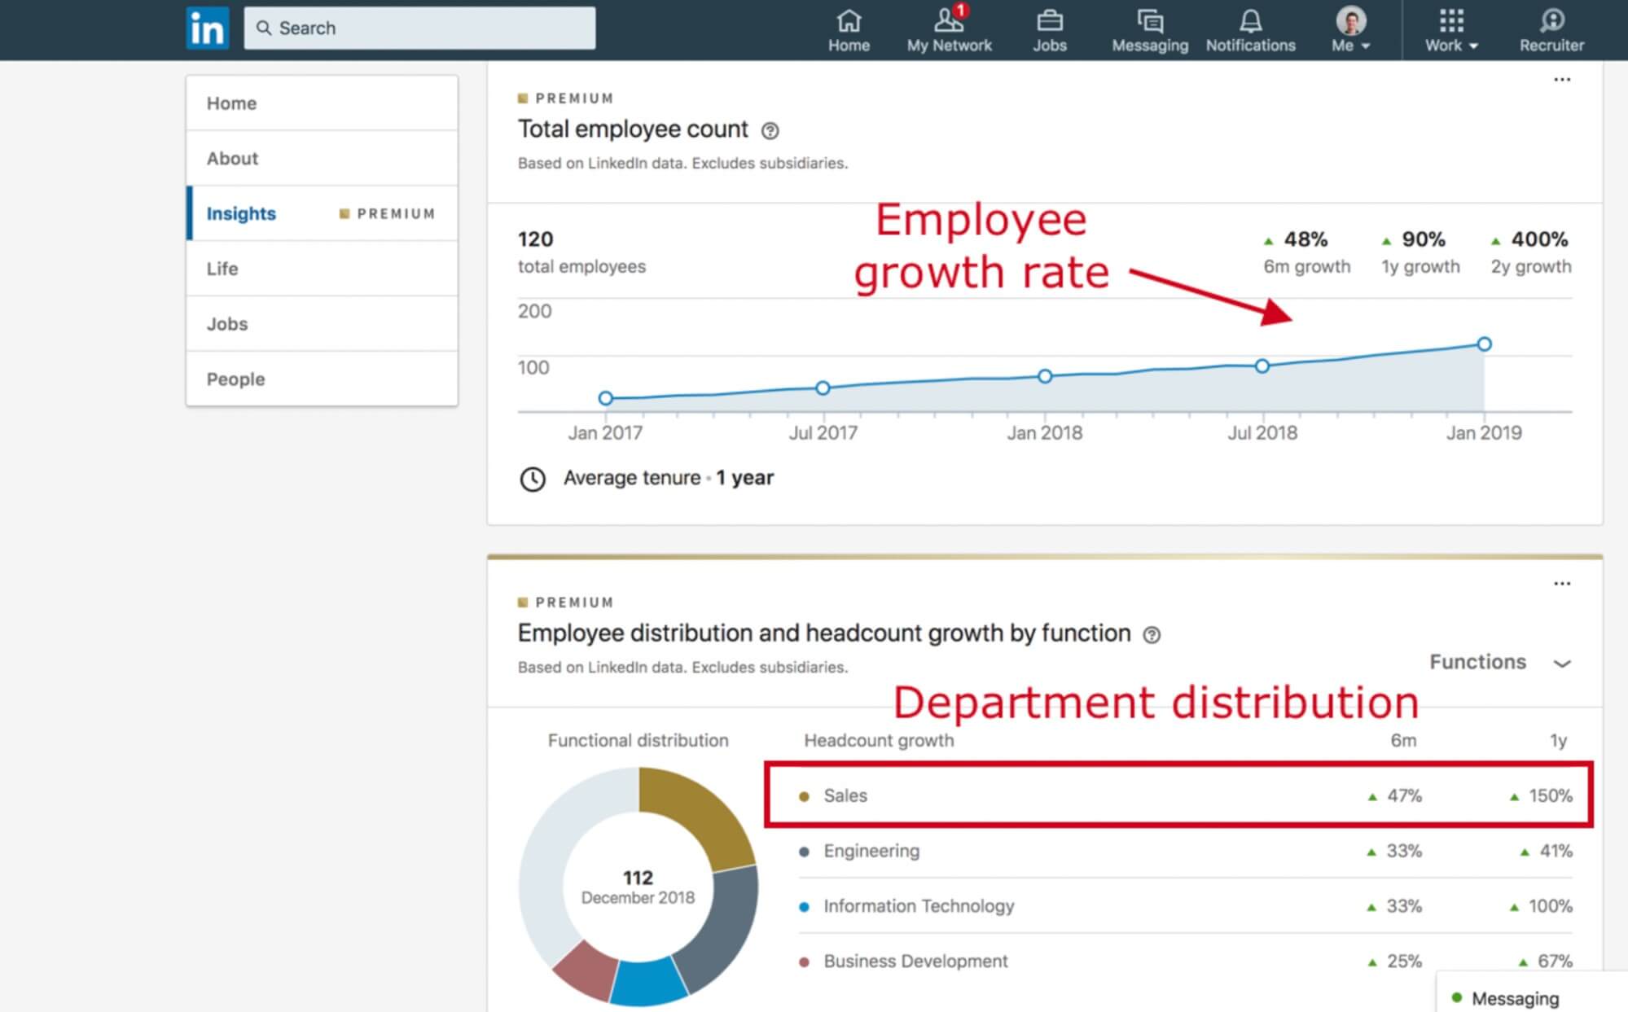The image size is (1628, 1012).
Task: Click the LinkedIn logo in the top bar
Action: point(207,28)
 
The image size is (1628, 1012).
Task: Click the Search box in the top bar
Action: point(419,28)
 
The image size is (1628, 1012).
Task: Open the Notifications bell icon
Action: point(1250,21)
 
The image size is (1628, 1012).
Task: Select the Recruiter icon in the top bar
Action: point(1551,21)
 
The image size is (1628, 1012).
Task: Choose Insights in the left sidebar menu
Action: point(241,213)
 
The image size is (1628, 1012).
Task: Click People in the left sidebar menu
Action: point(235,379)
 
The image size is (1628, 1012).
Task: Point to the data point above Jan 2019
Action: point(1484,344)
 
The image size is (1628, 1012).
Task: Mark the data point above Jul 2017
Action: point(823,388)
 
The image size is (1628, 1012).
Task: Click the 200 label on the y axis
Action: point(534,311)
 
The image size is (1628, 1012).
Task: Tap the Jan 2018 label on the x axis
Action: point(1044,433)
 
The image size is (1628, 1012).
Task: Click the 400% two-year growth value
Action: point(1538,239)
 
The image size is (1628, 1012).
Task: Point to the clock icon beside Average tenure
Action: point(533,479)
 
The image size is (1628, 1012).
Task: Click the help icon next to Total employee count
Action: point(770,130)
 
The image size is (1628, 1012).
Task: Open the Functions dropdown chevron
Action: point(1561,663)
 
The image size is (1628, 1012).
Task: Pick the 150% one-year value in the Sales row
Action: point(1550,795)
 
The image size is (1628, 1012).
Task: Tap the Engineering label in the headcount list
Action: point(871,851)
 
